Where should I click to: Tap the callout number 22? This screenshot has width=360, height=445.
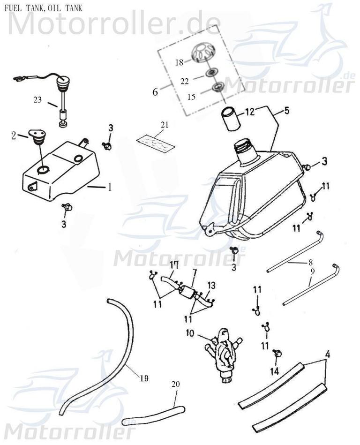pos(185,81)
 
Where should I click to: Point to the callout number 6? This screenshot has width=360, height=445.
pos(155,92)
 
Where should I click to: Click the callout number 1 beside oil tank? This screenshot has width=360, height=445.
pos(109,187)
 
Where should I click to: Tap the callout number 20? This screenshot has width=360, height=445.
pos(176,384)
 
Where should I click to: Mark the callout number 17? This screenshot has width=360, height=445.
pos(174,265)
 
